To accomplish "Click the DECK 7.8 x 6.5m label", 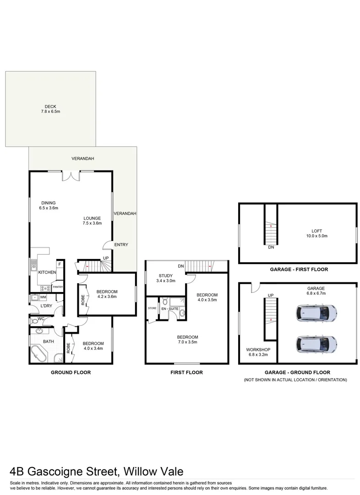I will (50, 109).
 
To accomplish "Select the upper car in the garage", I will (317, 313).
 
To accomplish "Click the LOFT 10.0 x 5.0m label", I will (316, 233).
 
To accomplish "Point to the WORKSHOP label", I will (257, 352).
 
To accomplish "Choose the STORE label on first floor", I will (152, 308).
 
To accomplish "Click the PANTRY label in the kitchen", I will (58, 287).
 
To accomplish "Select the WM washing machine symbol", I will (43, 297).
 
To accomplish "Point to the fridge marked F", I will (59, 264).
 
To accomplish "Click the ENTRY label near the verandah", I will (121, 245).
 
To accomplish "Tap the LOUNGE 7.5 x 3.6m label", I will (92, 220).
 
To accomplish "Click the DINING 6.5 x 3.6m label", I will (49, 205).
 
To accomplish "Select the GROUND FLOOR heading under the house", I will (71, 373).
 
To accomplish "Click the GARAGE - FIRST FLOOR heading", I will (297, 269).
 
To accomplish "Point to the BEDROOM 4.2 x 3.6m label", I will (107, 294).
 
